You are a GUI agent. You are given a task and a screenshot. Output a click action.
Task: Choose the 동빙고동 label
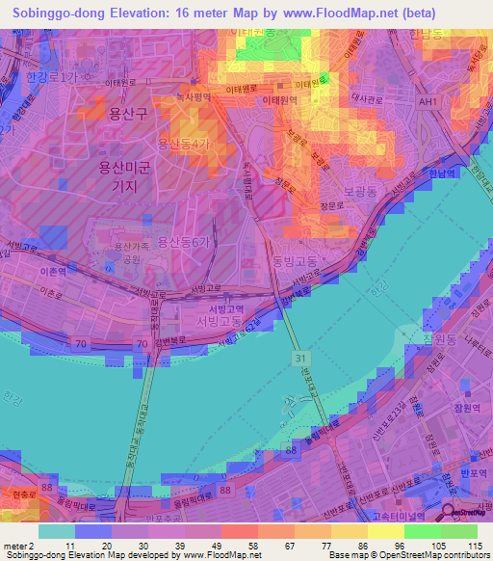pyautogui.click(x=294, y=260)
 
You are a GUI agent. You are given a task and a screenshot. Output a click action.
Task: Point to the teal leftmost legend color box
pyautogui.click(x=56, y=530)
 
